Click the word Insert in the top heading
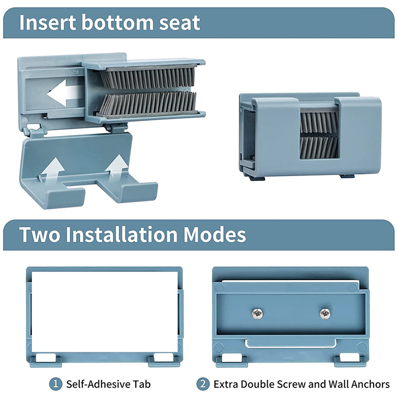point(47,22)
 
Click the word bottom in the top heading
point(117,22)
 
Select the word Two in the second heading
point(39,234)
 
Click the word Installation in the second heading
point(121,234)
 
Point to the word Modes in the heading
point(215,234)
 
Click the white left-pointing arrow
point(65,93)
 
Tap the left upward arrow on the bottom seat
point(52,171)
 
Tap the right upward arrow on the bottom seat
point(116,169)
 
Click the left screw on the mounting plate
point(257,313)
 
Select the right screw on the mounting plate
point(325,314)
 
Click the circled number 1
point(56,384)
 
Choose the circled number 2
point(203,384)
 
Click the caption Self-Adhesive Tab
point(108,384)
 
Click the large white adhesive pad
point(104,312)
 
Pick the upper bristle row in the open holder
point(148,78)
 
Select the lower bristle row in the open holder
point(148,103)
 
